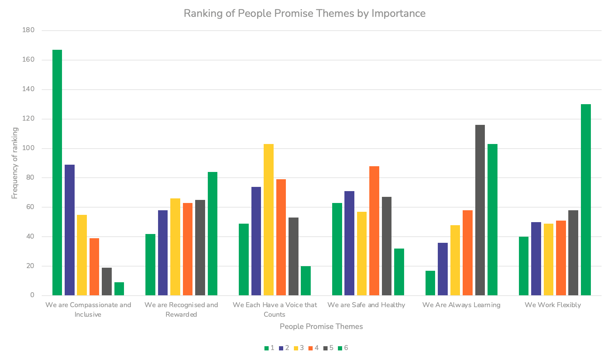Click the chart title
pos(305,13)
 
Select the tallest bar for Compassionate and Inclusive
pos(57,172)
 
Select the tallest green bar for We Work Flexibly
pos(586,200)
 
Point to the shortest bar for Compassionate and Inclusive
pos(119,289)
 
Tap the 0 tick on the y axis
pos(32,295)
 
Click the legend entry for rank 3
pos(299,348)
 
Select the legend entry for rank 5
pos(328,348)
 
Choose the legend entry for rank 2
pos(284,348)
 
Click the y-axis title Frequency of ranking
pos(15,163)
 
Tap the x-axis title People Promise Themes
pos(321,326)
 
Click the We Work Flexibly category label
pos(553,305)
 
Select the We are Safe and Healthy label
pos(366,305)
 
